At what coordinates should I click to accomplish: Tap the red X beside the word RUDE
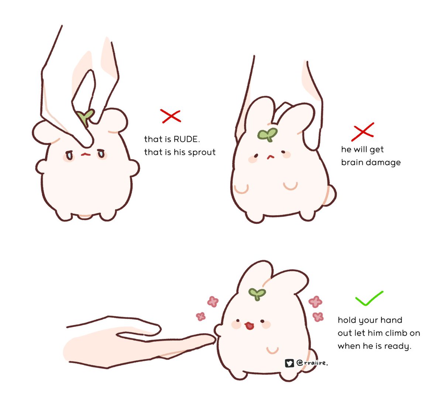[171, 116]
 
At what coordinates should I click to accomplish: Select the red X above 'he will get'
[363, 132]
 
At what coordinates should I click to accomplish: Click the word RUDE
[186, 139]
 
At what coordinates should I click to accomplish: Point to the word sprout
[202, 153]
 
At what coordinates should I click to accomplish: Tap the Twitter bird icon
[289, 363]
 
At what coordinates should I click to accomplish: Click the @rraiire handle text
[312, 363]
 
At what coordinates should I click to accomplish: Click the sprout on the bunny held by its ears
[267, 134]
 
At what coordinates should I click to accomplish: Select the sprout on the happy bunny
[257, 294]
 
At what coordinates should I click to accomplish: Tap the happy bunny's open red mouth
[250, 326]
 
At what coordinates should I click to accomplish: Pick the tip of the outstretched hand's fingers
[215, 340]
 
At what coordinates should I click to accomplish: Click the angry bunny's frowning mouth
[86, 154]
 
